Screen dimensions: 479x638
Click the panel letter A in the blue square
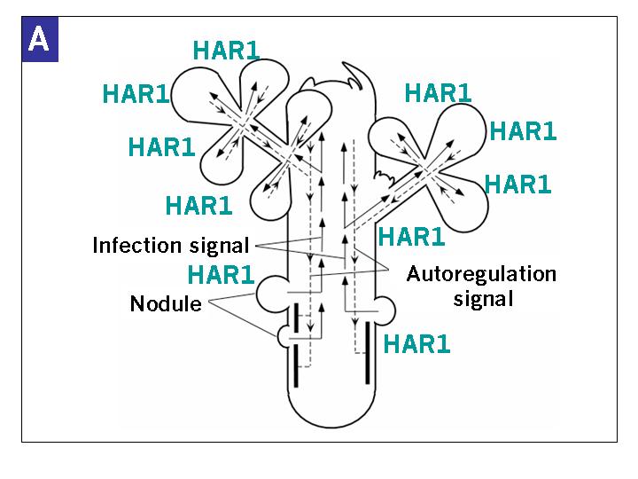(39, 41)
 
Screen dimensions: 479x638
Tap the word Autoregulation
(481, 273)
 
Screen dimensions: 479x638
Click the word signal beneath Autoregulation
(483, 298)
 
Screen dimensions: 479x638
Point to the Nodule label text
(165, 304)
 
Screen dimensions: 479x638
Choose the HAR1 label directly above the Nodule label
(221, 274)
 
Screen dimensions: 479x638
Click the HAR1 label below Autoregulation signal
(416, 343)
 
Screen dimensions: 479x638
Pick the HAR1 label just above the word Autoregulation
(411, 237)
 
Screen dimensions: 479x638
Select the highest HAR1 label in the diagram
(226, 50)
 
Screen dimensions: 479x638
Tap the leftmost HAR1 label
(136, 93)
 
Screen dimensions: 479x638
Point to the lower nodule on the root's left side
(288, 336)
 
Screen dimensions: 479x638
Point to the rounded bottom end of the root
(335, 417)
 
